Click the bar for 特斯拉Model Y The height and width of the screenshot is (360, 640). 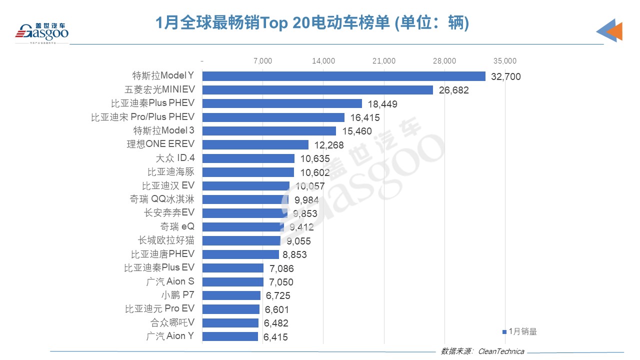[x=343, y=76]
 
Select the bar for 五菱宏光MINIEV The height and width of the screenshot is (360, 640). [x=317, y=90]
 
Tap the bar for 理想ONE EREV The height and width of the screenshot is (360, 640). [x=255, y=144]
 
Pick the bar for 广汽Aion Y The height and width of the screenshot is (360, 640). [x=230, y=336]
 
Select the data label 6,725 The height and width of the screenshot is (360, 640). [x=278, y=295]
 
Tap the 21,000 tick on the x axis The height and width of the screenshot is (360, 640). [x=384, y=61]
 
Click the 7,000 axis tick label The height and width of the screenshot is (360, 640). [x=263, y=61]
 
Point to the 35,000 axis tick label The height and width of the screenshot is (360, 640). [x=505, y=61]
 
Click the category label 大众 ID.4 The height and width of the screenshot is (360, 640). [x=175, y=158]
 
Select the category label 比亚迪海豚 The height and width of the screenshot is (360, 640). [x=170, y=172]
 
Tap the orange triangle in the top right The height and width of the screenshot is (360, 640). [x=614, y=32]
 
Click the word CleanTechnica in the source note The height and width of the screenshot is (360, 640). [x=501, y=351]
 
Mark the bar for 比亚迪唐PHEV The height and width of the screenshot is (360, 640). [x=240, y=254]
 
